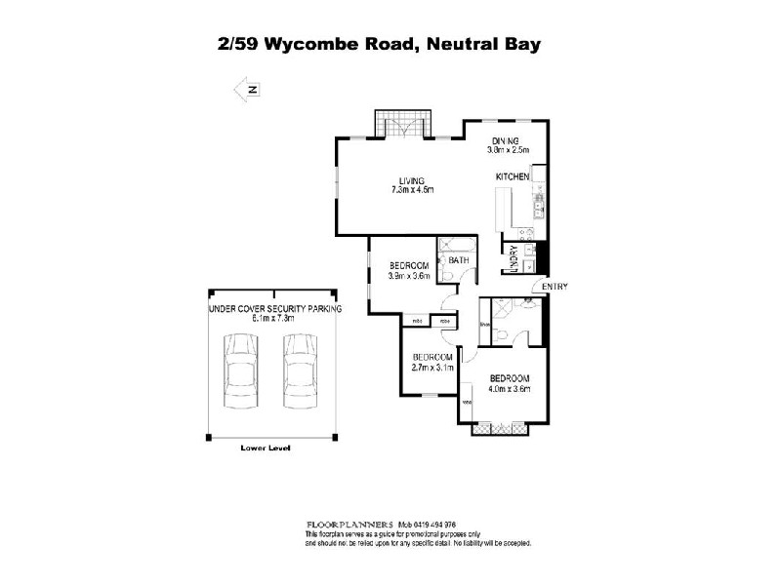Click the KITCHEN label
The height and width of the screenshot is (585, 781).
[x=513, y=176]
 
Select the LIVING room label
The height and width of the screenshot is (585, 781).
[x=411, y=179]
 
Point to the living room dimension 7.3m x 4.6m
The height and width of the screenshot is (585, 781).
[x=411, y=189]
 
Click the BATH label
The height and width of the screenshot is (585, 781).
[x=459, y=260]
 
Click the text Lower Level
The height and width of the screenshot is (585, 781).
[x=266, y=448]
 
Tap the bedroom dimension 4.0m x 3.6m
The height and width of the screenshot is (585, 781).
[x=509, y=389]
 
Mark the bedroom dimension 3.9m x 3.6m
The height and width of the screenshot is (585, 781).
[x=408, y=276]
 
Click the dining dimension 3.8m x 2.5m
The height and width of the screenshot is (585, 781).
[x=508, y=150]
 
